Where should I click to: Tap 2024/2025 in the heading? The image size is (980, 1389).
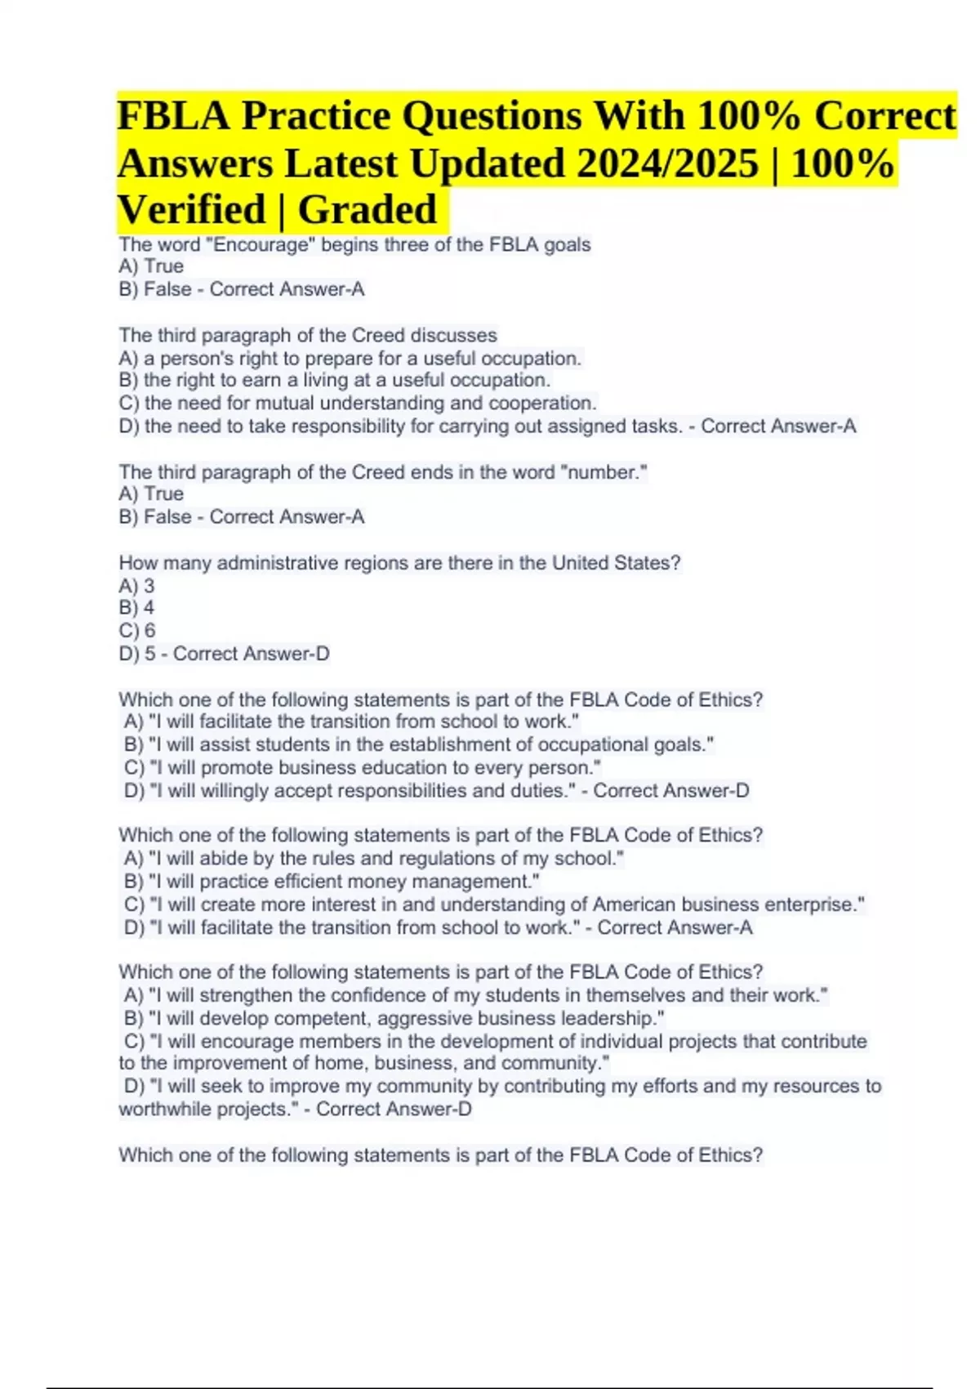[667, 163]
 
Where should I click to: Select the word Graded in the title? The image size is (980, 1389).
[367, 210]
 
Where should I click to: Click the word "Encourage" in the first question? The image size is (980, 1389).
[264, 244]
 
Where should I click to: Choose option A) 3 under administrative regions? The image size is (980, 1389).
[136, 586]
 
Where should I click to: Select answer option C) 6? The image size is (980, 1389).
[136, 631]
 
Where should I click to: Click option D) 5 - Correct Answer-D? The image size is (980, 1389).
[225, 654]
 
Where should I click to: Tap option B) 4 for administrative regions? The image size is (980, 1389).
[136, 608]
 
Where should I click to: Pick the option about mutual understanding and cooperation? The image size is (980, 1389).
[358, 404]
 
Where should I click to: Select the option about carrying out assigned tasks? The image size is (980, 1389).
[408, 427]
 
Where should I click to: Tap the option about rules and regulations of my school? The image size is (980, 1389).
[374, 859]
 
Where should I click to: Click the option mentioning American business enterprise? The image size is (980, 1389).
[494, 904]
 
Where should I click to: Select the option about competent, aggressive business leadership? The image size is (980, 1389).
[394, 1018]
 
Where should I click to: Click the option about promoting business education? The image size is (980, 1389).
[363, 768]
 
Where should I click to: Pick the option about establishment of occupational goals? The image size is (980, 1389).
[419, 745]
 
